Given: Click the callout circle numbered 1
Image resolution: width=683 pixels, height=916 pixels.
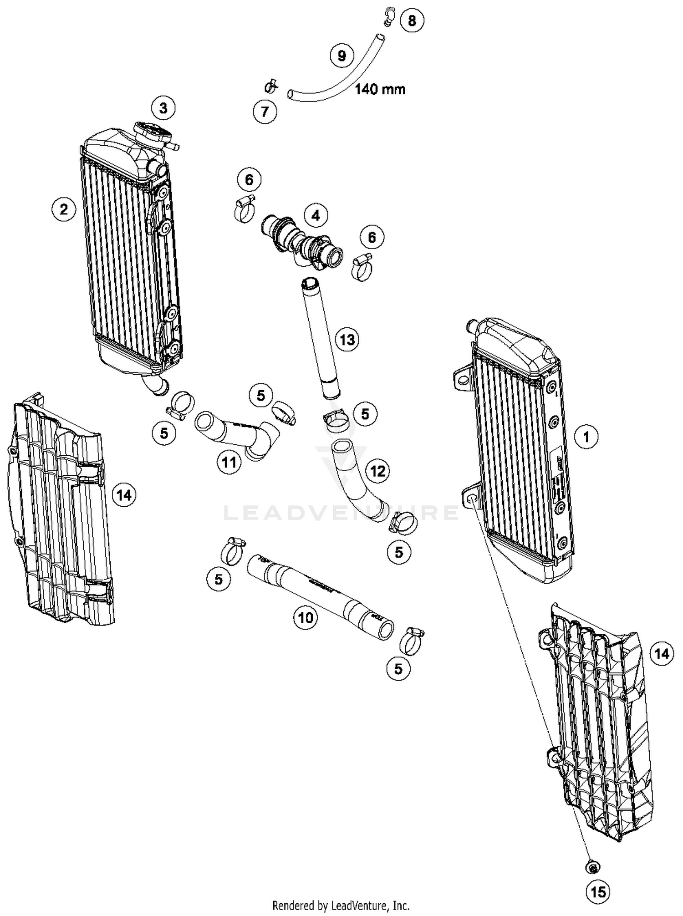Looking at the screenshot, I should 586,437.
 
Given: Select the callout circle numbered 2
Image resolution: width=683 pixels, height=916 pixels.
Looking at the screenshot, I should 64,209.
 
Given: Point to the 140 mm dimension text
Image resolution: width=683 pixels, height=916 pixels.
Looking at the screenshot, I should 380,89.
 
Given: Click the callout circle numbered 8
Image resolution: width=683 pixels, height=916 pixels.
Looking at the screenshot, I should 412,20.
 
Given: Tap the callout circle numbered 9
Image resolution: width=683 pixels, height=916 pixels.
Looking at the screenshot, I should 341,56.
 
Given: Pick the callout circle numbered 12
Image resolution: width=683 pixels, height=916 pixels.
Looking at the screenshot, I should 378,471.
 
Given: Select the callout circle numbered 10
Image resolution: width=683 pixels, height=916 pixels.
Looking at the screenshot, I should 306,617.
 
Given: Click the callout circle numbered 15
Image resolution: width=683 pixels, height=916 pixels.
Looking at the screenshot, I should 598,892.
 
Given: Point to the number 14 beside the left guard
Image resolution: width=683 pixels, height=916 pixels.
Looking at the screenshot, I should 124,494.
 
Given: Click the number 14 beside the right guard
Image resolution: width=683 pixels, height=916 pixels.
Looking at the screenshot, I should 661,654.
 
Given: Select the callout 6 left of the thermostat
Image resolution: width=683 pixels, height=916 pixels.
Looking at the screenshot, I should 249,179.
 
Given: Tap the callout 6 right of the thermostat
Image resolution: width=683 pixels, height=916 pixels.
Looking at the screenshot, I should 372,237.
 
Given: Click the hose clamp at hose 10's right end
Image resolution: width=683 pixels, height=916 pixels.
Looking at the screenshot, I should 411,640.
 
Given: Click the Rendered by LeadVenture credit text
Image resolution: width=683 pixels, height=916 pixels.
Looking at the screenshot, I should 341,905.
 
